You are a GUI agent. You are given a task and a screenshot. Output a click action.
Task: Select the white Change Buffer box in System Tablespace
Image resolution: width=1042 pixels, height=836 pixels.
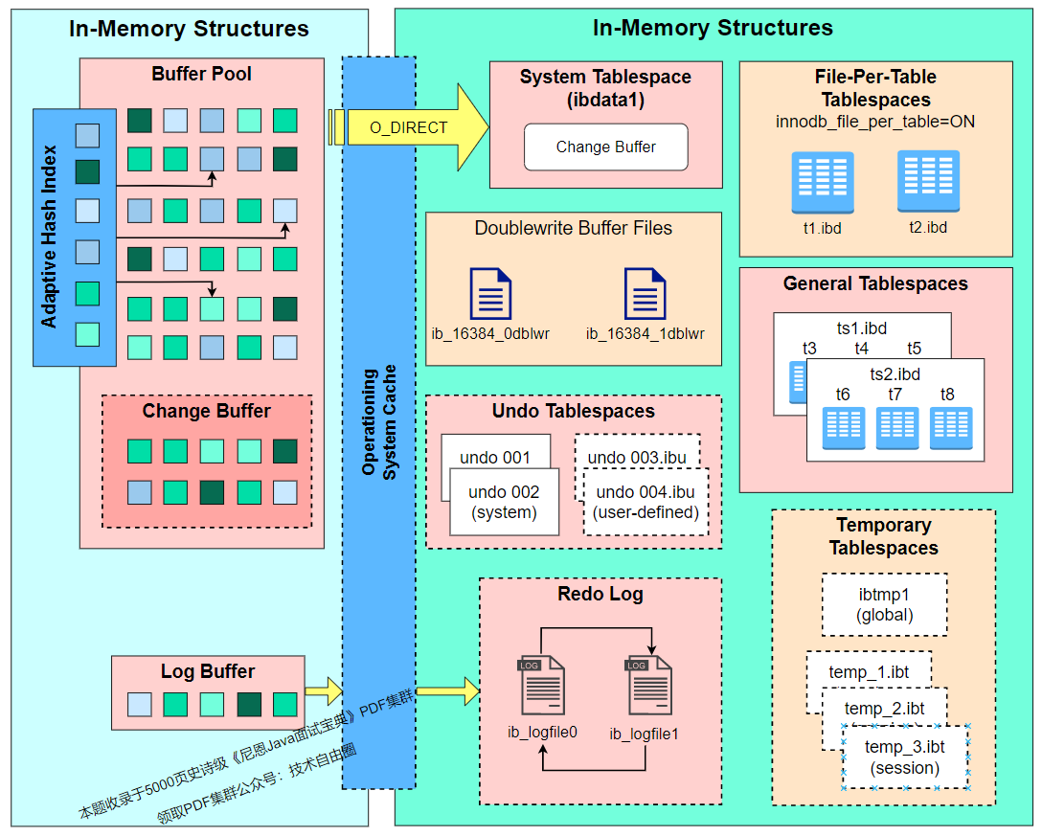click(x=605, y=147)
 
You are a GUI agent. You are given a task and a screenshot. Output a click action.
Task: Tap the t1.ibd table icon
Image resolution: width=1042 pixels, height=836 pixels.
click(x=823, y=183)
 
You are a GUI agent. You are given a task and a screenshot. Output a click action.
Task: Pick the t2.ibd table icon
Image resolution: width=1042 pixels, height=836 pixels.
click(x=928, y=181)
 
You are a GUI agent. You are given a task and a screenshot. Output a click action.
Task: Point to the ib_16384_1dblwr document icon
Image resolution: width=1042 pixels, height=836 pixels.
click(x=645, y=293)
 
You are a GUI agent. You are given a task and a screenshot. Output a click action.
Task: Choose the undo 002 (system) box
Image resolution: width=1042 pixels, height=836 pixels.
click(x=504, y=502)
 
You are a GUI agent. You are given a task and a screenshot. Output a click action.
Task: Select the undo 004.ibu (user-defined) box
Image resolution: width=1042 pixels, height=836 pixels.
click(x=646, y=502)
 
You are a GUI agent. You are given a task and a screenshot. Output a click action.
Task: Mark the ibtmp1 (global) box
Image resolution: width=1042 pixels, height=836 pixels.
click(x=884, y=604)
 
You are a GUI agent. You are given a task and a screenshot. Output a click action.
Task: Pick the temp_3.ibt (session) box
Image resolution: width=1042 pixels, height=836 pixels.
click(x=905, y=757)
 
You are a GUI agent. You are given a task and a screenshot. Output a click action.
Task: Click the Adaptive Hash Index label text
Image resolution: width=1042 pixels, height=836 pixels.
click(x=50, y=237)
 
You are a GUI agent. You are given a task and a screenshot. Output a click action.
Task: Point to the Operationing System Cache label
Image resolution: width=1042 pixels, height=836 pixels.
click(x=379, y=421)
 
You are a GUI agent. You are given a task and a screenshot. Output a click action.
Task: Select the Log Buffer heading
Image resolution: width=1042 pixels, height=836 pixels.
click(x=208, y=671)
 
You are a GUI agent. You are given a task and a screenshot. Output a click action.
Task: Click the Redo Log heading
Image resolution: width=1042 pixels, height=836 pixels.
click(x=600, y=594)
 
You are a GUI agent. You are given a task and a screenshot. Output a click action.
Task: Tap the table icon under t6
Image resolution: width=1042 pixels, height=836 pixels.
click(x=843, y=428)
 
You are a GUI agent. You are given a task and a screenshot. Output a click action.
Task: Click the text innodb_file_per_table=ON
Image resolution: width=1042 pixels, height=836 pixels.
click(x=875, y=123)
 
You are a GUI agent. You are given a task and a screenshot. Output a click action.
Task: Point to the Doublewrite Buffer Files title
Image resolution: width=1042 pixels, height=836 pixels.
click(x=573, y=229)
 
